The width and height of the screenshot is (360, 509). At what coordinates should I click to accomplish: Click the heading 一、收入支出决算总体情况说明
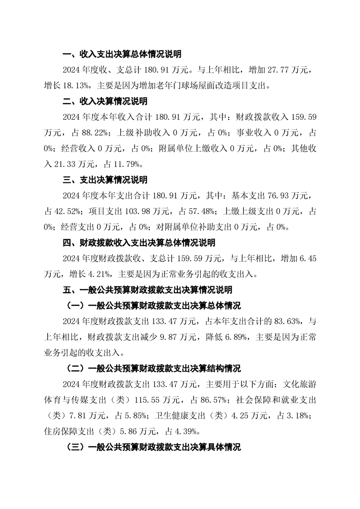click(122, 54)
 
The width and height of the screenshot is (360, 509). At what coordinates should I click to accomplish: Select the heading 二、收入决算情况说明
click(105, 101)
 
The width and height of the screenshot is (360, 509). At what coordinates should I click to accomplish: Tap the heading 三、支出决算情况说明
click(105, 180)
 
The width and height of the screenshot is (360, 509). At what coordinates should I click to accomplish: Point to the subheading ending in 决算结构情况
click(154, 367)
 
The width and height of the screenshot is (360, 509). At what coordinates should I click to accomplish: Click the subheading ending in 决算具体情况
click(154, 447)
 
